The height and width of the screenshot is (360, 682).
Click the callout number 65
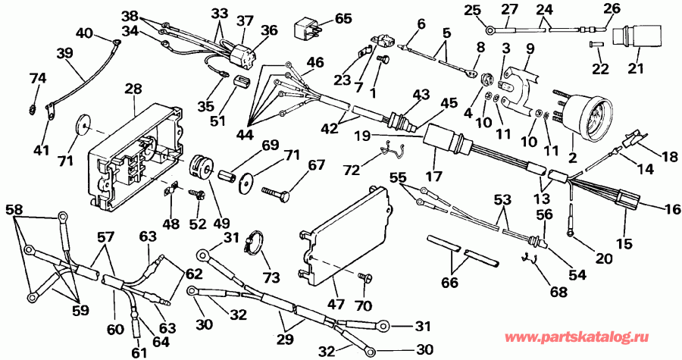[x=343, y=18]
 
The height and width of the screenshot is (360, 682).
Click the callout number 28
[x=133, y=90]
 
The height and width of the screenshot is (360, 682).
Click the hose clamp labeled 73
[x=257, y=242]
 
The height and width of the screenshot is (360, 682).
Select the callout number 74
[x=38, y=80]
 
